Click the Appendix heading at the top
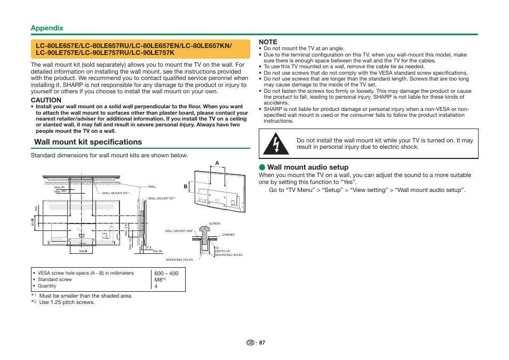(x=47, y=28)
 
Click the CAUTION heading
(x=46, y=100)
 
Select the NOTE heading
(x=268, y=42)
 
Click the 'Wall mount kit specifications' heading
(x=88, y=142)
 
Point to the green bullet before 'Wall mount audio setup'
(x=262, y=167)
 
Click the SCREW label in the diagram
(x=214, y=223)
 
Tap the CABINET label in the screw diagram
(x=228, y=235)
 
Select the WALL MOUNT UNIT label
(x=179, y=231)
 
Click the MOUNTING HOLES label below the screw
(x=179, y=260)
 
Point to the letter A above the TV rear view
(x=217, y=163)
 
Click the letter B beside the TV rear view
(x=186, y=187)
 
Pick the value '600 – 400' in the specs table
(x=166, y=273)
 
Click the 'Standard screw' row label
(x=55, y=279)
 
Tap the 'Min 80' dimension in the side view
(x=157, y=251)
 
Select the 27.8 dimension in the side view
(x=148, y=247)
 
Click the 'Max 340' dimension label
(x=60, y=191)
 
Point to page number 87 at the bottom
(x=262, y=342)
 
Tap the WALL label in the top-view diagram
(x=152, y=187)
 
